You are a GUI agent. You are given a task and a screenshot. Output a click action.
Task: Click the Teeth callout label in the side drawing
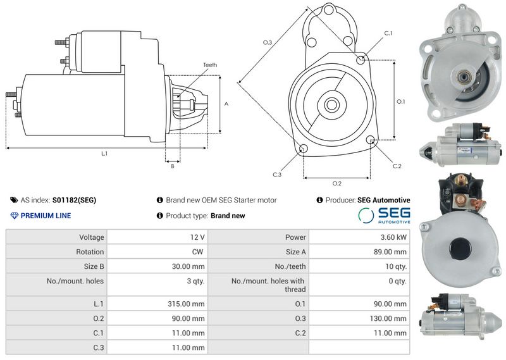click(x=210, y=65)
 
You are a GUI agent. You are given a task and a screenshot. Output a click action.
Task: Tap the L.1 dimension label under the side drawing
click(x=104, y=154)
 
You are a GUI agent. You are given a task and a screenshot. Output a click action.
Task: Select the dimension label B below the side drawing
click(x=173, y=166)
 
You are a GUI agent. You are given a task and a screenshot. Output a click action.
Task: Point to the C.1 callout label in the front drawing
click(x=388, y=33)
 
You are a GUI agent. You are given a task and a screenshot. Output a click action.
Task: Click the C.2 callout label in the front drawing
click(x=397, y=166)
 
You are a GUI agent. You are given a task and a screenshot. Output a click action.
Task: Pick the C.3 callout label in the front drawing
click(x=277, y=175)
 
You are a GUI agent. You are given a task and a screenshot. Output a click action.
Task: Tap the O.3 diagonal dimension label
click(x=268, y=42)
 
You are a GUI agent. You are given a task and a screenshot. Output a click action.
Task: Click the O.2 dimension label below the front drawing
click(x=337, y=183)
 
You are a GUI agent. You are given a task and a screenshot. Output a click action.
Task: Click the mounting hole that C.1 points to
click(x=361, y=59)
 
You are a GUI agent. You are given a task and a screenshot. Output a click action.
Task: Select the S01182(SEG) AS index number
click(x=74, y=200)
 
